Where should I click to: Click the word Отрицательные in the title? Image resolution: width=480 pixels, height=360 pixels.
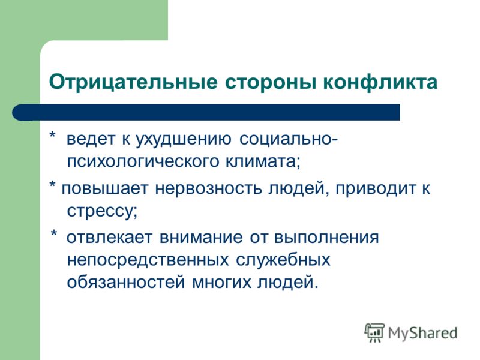pyautogui.click(x=133, y=82)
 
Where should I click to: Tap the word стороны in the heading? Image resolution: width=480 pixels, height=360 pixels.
pyautogui.click(x=271, y=83)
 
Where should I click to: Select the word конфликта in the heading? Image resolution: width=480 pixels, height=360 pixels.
pyautogui.click(x=380, y=82)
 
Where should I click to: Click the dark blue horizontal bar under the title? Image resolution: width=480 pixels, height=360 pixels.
pyautogui.click(x=206, y=112)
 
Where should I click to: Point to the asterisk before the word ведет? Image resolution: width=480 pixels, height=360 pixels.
pyautogui.click(x=53, y=136)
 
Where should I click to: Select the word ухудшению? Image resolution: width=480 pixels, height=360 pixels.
pyautogui.click(x=184, y=140)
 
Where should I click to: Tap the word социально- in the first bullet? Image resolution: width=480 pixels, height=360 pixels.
pyautogui.click(x=289, y=140)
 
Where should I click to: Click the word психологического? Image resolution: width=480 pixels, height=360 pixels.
pyautogui.click(x=143, y=161)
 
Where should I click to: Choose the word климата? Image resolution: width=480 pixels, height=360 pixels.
pyautogui.click(x=263, y=162)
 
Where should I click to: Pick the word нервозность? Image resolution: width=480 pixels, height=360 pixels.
pyautogui.click(x=208, y=188)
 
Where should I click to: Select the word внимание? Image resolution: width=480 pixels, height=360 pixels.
pyautogui.click(x=201, y=238)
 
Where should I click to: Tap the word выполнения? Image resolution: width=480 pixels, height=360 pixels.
pyautogui.click(x=326, y=238)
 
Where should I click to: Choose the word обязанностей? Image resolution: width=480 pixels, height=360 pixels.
pyautogui.click(x=126, y=282)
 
